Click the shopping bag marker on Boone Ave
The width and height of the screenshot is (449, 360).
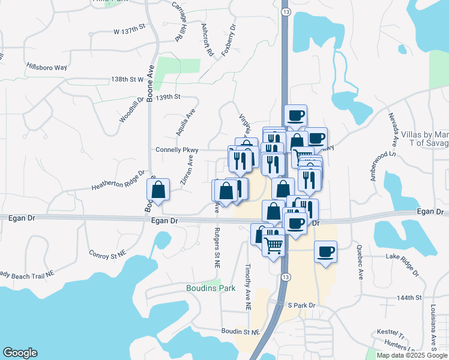click(x=158, y=190)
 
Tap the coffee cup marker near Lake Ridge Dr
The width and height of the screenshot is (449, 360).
click(x=325, y=251)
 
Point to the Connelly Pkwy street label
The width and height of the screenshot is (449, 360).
click(x=176, y=150)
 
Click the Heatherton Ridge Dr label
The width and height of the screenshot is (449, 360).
click(x=118, y=181)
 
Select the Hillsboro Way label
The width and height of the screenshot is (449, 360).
click(x=46, y=67)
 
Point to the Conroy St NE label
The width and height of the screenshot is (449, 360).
click(x=106, y=254)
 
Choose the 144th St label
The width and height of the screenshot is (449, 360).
click(x=410, y=297)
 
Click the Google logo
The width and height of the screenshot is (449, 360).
click(x=20, y=353)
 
